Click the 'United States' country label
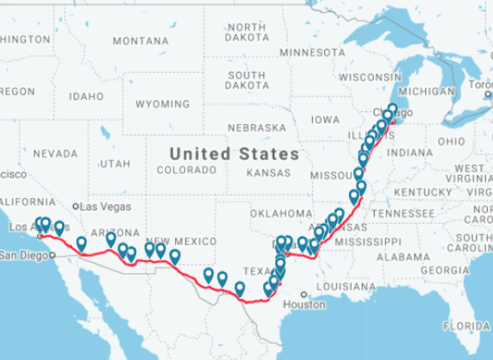click(x=234, y=154)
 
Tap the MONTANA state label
click(x=140, y=40)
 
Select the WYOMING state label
click(x=163, y=104)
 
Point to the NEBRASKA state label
click(x=256, y=128)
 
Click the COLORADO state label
click(x=182, y=171)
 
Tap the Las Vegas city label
click(x=105, y=207)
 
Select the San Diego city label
click(x=21, y=255)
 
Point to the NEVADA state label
click(x=55, y=153)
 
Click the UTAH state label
click(x=116, y=163)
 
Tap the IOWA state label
click(x=325, y=120)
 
